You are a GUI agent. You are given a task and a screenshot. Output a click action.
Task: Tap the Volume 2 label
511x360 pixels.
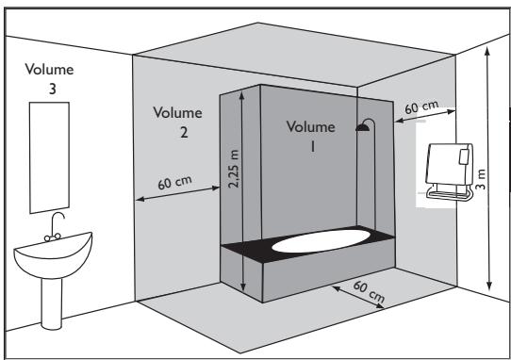[175, 122]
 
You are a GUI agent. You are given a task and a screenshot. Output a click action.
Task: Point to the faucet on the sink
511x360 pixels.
[57, 224]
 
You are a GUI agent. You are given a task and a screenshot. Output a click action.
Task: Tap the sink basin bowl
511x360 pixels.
[53, 253]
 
